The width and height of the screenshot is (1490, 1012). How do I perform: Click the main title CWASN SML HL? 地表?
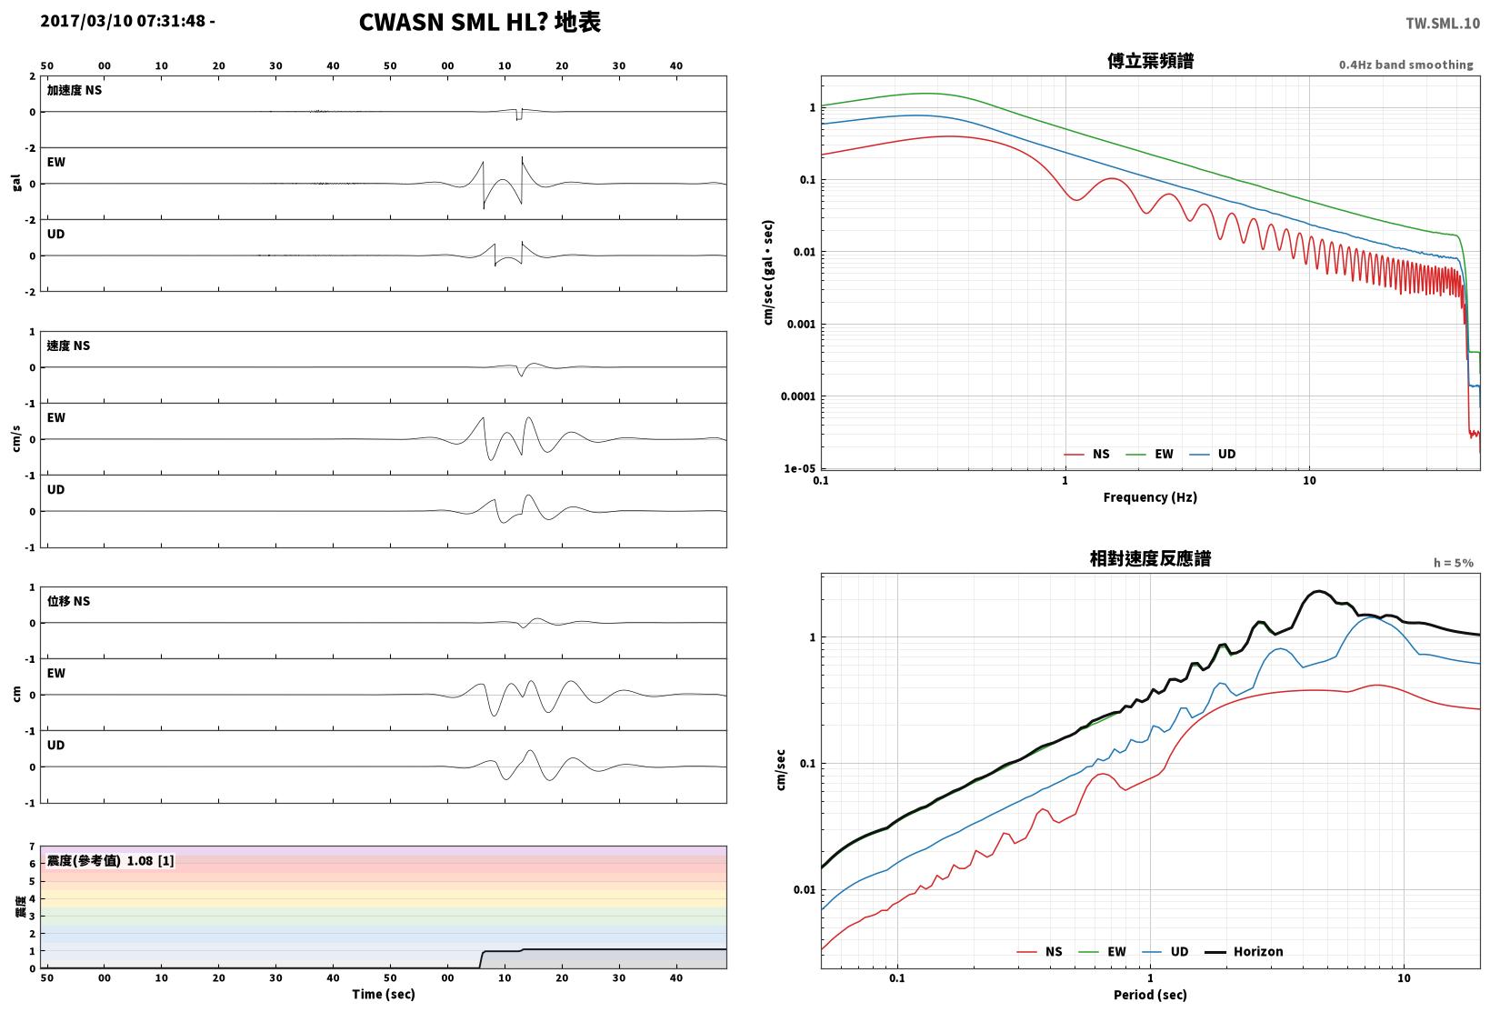click(x=480, y=22)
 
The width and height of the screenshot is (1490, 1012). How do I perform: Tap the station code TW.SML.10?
click(x=1443, y=24)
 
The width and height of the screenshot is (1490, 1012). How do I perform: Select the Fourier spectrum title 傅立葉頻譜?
click(x=1150, y=61)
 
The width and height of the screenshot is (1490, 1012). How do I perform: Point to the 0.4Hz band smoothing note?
click(x=1406, y=65)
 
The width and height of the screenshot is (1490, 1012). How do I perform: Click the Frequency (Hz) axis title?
click(x=1150, y=497)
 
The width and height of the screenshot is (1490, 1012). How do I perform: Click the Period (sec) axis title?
click(x=1150, y=995)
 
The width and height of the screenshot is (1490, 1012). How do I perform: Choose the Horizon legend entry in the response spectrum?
click(x=1245, y=951)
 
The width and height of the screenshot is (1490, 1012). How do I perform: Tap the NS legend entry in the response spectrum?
click(x=1040, y=951)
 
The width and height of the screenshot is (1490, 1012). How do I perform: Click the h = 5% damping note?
click(x=1454, y=563)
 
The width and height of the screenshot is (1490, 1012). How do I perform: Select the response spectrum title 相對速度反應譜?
click(x=1150, y=558)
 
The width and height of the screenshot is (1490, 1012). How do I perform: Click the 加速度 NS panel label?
click(x=75, y=90)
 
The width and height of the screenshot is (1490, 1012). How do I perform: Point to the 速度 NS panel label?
click(x=68, y=346)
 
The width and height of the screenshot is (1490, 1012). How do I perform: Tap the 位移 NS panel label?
click(x=68, y=601)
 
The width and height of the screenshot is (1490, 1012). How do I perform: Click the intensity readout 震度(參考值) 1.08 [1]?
click(x=110, y=860)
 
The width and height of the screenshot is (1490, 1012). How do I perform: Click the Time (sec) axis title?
click(x=384, y=994)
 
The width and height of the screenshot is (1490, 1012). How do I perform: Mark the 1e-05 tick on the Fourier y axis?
click(x=799, y=468)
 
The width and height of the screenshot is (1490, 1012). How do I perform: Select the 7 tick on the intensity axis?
click(x=32, y=847)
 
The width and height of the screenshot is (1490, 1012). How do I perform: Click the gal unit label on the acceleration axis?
click(x=16, y=183)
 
